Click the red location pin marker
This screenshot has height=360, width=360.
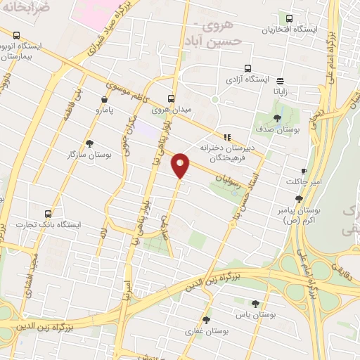(181, 166)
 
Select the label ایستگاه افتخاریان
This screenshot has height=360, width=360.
(287, 30)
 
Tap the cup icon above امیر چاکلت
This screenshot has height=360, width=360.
(304, 171)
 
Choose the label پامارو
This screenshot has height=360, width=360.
(105, 110)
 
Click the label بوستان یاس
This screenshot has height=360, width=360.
(254, 314)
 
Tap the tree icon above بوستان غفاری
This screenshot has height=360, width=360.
(206, 320)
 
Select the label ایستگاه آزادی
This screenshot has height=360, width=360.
(247, 80)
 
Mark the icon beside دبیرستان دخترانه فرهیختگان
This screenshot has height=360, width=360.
(226, 137)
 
